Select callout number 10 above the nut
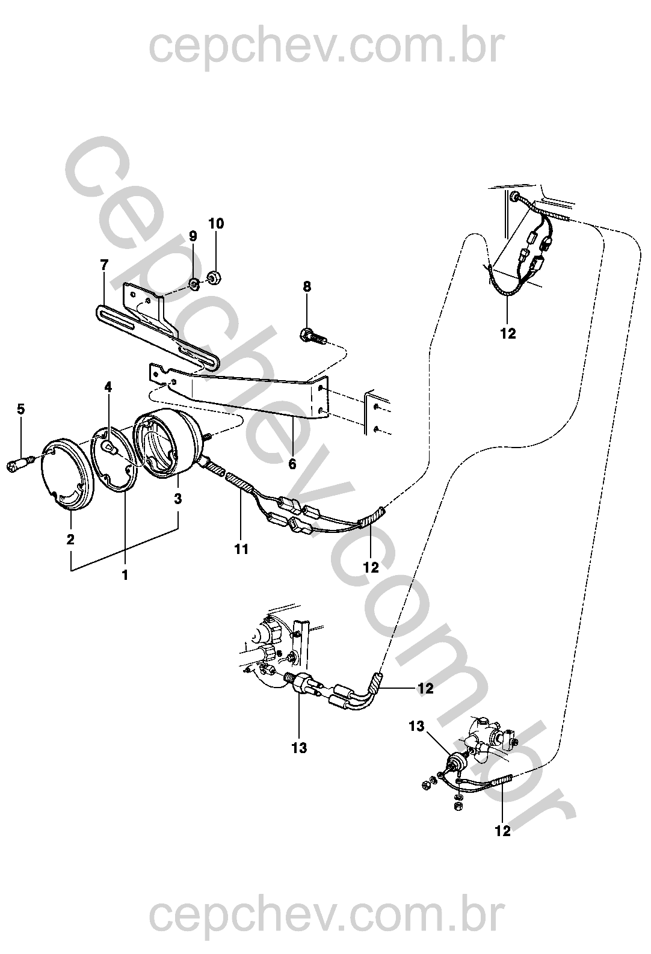[216, 224]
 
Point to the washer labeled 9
[193, 283]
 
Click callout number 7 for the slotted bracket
[104, 265]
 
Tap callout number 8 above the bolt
[307, 287]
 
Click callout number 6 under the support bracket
[292, 464]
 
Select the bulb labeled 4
[110, 447]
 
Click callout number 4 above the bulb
[108, 387]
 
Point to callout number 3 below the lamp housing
[177, 498]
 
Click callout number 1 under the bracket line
[125, 576]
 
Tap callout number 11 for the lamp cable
[242, 549]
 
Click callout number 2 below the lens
[70, 539]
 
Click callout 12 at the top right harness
[508, 333]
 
